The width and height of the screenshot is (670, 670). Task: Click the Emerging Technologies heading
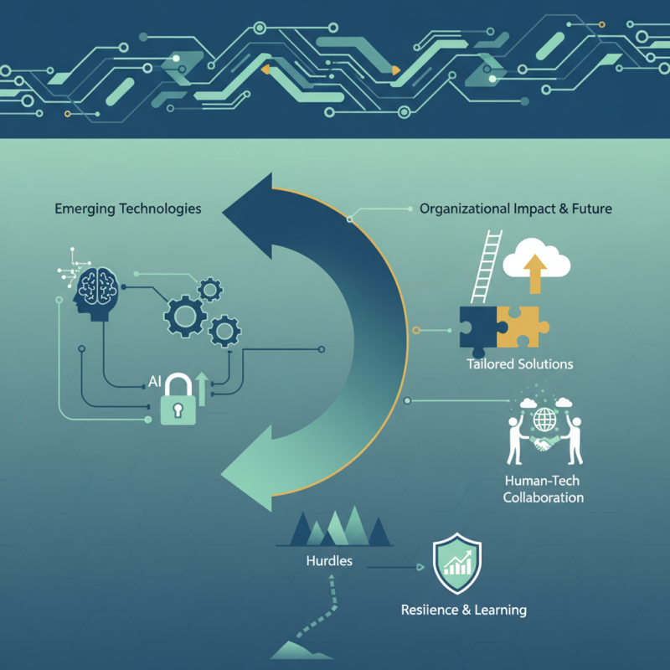pos(127,208)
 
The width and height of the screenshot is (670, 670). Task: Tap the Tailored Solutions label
pos(520,364)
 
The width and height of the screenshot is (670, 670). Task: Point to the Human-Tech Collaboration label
pos(544,489)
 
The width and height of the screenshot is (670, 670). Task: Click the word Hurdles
pos(329,560)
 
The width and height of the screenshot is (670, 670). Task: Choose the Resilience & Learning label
pos(463,610)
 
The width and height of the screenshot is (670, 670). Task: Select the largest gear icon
pos(184,315)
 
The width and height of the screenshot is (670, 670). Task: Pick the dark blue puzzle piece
pos(479,330)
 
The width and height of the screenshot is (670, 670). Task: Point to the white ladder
pos(485,268)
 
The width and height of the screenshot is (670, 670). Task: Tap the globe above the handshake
pos(546,417)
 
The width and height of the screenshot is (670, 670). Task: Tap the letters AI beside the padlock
pos(154,382)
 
